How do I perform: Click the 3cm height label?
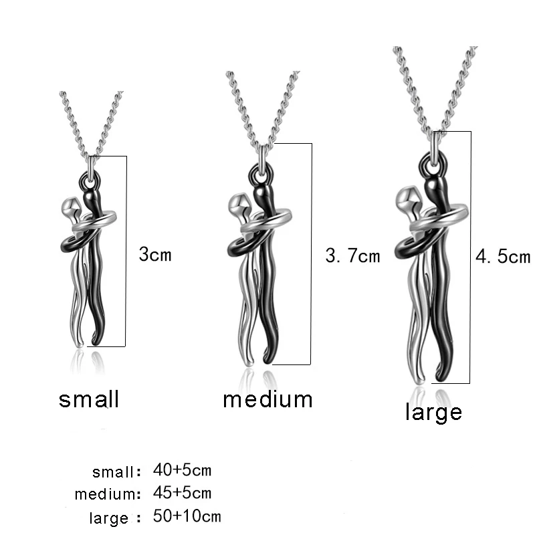pos(155,255)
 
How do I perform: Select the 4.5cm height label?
pos(502,257)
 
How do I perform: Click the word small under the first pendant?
pos(89,399)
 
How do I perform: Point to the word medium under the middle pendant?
pos(267,399)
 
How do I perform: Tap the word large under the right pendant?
pos(433,411)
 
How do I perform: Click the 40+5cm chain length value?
pos(182,470)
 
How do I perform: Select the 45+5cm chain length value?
pos(182,494)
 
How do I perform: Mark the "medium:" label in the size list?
pos(108,495)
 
